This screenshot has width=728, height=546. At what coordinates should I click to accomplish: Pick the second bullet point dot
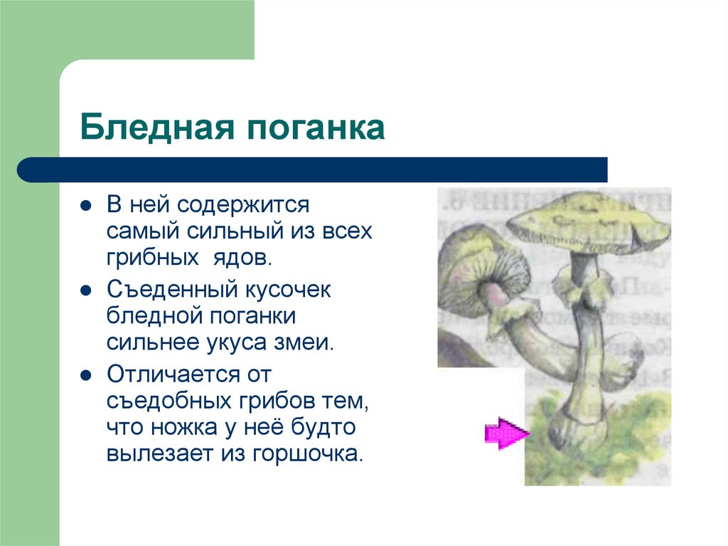click(85, 291)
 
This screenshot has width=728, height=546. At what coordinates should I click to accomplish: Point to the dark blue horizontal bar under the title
click(313, 170)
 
